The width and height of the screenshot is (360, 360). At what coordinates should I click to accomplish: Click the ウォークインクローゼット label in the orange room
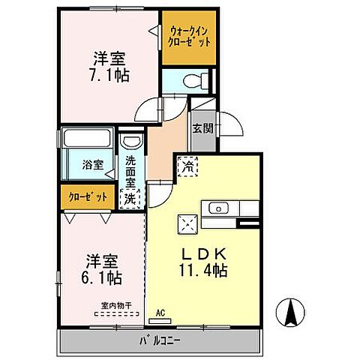[x=187, y=37]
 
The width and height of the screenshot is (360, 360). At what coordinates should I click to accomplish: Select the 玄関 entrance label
[x=202, y=128]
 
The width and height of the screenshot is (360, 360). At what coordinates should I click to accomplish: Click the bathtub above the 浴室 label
[x=85, y=140]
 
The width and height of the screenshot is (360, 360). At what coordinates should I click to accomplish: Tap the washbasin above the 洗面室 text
[x=130, y=142]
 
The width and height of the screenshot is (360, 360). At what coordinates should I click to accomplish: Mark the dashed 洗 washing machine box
[x=130, y=198]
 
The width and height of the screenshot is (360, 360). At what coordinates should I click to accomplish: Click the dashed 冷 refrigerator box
[x=185, y=166]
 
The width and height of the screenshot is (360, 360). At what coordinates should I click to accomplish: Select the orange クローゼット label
[x=83, y=197]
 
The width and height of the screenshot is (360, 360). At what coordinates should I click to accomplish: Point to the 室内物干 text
[x=116, y=305]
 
